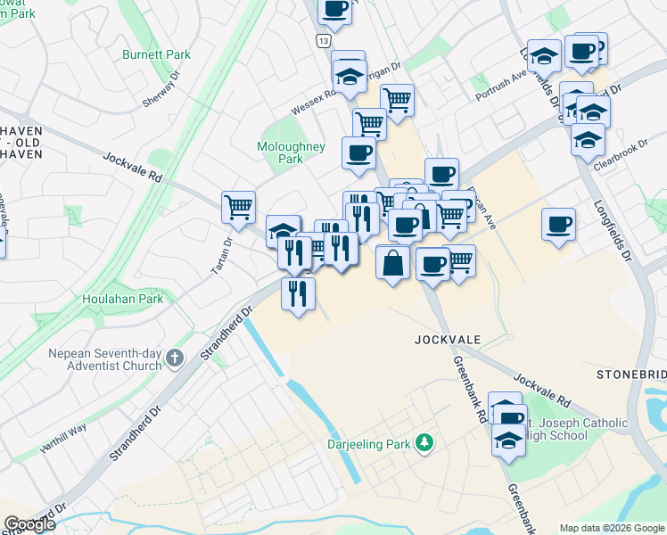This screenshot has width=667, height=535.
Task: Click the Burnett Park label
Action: (x=158, y=55)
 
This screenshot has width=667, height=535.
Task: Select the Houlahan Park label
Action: (x=123, y=300)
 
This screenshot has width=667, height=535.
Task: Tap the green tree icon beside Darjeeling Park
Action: (x=426, y=443)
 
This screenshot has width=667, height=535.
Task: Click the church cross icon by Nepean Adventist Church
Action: (x=175, y=359)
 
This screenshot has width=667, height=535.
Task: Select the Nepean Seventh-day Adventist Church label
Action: (x=106, y=358)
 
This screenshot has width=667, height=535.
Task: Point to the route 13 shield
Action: (x=322, y=42)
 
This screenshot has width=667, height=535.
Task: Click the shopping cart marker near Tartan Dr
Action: (x=238, y=208)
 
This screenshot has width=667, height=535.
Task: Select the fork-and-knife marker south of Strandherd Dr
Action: (x=298, y=292)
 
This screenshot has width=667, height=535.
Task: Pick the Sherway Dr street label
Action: (x=161, y=96)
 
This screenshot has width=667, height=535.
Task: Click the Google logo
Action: (x=29, y=525)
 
